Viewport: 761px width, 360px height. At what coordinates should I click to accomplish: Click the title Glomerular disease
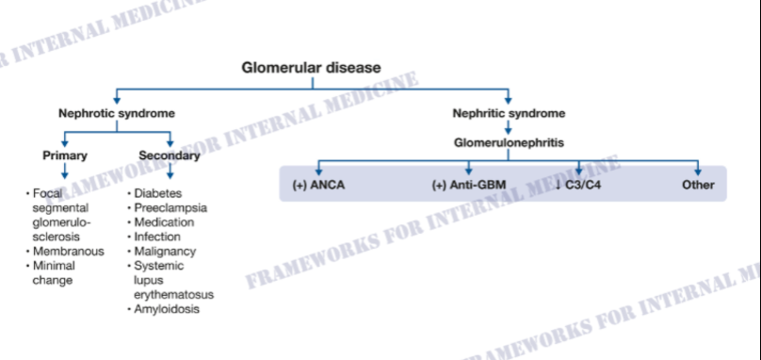coord(311,68)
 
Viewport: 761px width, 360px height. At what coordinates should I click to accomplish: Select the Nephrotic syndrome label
coord(117,114)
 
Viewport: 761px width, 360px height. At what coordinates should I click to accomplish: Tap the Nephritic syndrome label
coord(509,114)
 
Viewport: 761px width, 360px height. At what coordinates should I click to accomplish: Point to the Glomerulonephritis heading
coord(510,143)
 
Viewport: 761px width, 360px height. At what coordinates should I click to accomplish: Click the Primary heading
coord(65,155)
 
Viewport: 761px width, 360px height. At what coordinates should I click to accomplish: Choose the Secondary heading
coord(170,155)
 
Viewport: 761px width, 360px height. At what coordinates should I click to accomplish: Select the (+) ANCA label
coord(318,185)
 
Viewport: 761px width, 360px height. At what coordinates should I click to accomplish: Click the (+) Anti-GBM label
coord(468,185)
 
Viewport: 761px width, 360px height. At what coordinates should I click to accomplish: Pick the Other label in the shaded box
coord(698,185)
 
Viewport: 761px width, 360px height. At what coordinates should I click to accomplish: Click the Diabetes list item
coord(157,193)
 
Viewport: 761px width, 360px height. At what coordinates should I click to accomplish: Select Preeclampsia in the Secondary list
coord(170,208)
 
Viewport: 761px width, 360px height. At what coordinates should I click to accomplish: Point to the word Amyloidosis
coord(167,309)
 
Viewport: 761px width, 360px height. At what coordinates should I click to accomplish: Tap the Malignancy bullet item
coord(165,252)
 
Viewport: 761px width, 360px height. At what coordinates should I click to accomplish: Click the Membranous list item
coord(69,252)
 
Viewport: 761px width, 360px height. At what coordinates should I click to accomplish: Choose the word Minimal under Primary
coord(54,266)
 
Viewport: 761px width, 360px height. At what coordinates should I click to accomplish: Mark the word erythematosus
coord(173,295)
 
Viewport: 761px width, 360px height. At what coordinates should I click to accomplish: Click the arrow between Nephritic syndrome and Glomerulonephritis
coord(509,128)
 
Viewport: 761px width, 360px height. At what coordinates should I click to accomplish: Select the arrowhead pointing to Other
coord(698,172)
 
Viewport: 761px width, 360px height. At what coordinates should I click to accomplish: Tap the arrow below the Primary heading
coord(65,172)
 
